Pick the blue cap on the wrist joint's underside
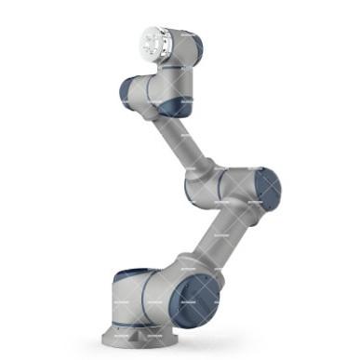point(173,108)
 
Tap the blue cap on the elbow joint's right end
point(267,188)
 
